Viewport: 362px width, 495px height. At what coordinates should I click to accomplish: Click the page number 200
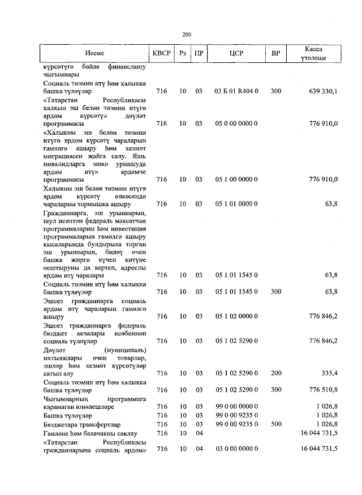coord(187,35)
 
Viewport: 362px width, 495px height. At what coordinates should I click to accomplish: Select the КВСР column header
coord(162,54)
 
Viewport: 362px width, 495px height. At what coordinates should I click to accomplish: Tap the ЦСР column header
coord(236,54)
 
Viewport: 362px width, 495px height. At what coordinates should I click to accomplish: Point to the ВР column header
coord(275,54)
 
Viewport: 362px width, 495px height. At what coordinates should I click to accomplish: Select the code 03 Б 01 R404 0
coord(236,91)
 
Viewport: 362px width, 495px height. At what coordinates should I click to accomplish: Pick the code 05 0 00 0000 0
coord(236,123)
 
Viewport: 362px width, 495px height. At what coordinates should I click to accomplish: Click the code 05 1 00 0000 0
coord(236,180)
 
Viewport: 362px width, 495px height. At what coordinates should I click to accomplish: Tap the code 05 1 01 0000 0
coord(236,204)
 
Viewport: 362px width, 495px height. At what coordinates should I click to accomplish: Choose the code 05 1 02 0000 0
coord(236,316)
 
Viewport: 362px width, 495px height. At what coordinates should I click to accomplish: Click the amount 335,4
coord(328,373)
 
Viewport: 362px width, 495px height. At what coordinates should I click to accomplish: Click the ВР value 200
coord(275,373)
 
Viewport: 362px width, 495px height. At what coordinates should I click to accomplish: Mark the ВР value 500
coord(275,424)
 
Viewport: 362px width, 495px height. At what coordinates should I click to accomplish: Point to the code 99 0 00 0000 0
coord(236,407)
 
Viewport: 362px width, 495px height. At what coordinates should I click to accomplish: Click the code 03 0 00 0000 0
coord(236,449)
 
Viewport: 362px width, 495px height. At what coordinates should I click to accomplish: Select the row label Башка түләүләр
coord(64,415)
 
